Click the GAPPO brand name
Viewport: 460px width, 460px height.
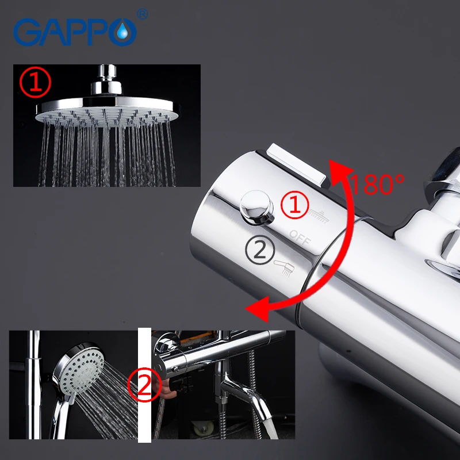click(75, 32)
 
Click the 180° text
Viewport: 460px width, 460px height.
click(377, 185)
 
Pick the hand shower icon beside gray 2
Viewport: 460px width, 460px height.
click(286, 264)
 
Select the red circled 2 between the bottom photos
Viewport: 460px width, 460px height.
click(145, 384)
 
